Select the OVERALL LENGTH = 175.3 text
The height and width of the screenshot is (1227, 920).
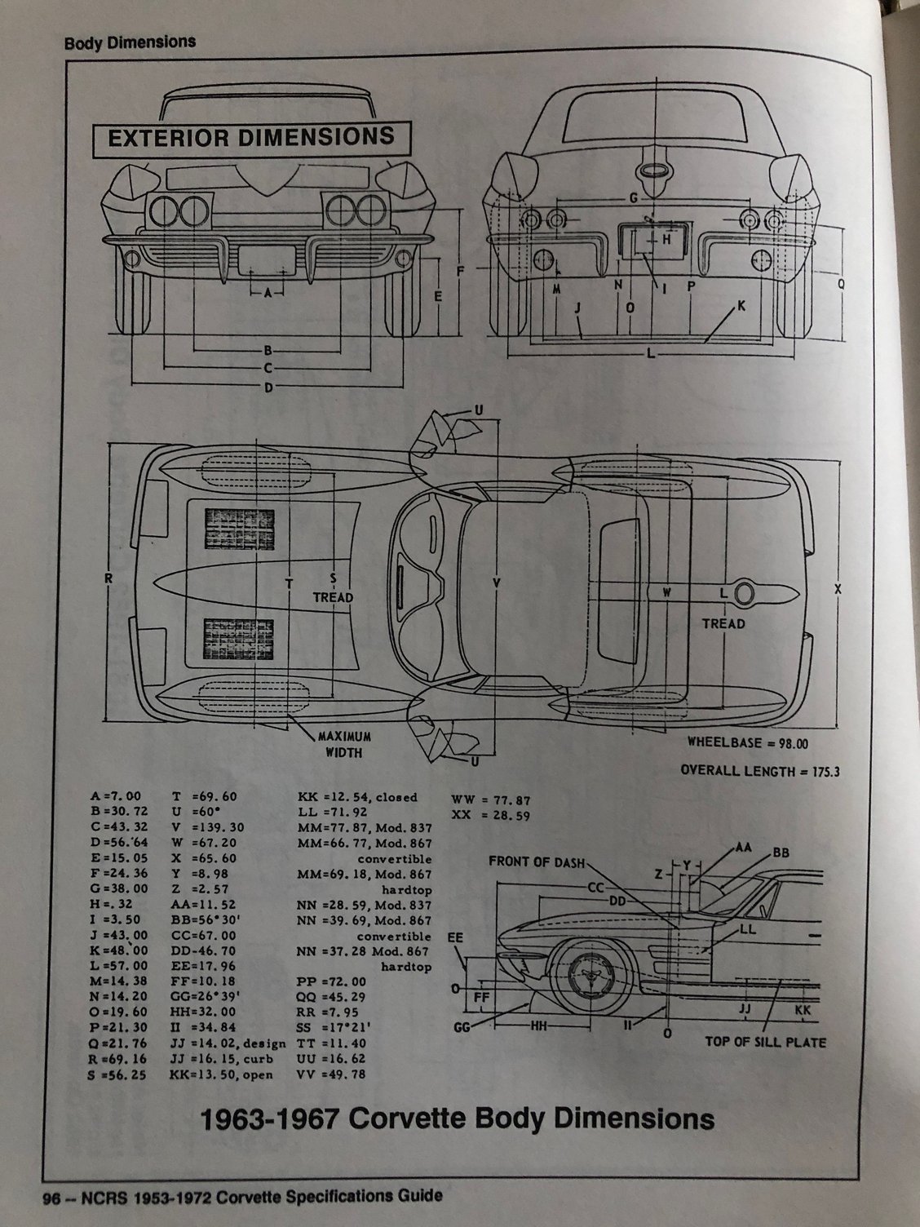759,771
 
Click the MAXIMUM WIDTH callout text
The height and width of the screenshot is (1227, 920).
339,743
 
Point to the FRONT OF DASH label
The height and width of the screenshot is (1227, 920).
536,862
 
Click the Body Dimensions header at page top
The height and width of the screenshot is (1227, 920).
130,42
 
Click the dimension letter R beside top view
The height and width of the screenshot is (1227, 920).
108,578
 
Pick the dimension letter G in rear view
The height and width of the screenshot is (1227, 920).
633,198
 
